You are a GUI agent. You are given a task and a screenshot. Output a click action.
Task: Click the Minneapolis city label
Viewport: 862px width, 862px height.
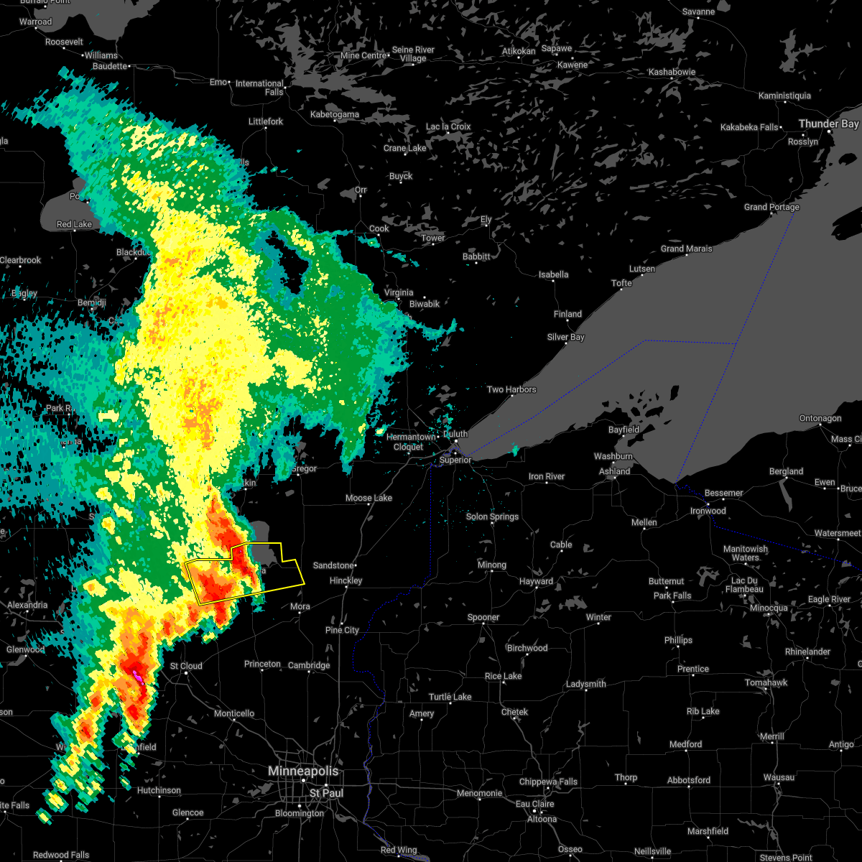[302, 771]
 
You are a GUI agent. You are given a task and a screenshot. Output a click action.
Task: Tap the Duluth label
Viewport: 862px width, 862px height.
[455, 434]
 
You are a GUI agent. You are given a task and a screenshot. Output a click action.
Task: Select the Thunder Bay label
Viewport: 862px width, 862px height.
[828, 124]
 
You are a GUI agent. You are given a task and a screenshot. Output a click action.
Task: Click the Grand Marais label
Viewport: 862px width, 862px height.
[686, 249]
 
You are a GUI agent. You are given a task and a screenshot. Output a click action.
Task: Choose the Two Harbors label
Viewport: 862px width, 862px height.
[511, 389]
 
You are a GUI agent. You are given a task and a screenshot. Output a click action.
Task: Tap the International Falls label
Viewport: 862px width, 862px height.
[259, 88]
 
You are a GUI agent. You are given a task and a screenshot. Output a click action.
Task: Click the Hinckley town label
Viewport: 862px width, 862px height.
[346, 580]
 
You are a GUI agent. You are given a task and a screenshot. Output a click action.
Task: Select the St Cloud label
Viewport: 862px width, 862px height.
[186, 666]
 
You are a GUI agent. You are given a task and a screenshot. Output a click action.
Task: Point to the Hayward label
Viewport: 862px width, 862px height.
[536, 581]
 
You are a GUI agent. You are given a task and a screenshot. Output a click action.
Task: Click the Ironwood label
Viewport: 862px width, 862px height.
[708, 511]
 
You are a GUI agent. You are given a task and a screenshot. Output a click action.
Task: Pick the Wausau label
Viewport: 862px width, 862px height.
[779, 777]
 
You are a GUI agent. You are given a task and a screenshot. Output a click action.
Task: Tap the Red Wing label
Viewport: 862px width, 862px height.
[398, 850]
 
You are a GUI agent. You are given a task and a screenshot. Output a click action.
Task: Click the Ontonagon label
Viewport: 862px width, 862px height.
[820, 418]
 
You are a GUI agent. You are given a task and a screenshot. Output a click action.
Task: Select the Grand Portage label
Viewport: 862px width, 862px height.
[771, 207]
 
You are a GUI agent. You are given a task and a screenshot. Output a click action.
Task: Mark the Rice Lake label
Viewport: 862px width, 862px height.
[503, 676]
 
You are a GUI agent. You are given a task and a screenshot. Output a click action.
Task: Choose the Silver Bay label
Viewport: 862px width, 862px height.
[565, 337]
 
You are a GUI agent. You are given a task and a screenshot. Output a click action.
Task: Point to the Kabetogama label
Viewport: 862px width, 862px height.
[334, 114]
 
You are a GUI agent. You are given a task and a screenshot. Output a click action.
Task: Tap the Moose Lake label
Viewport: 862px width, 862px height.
[369, 498]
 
